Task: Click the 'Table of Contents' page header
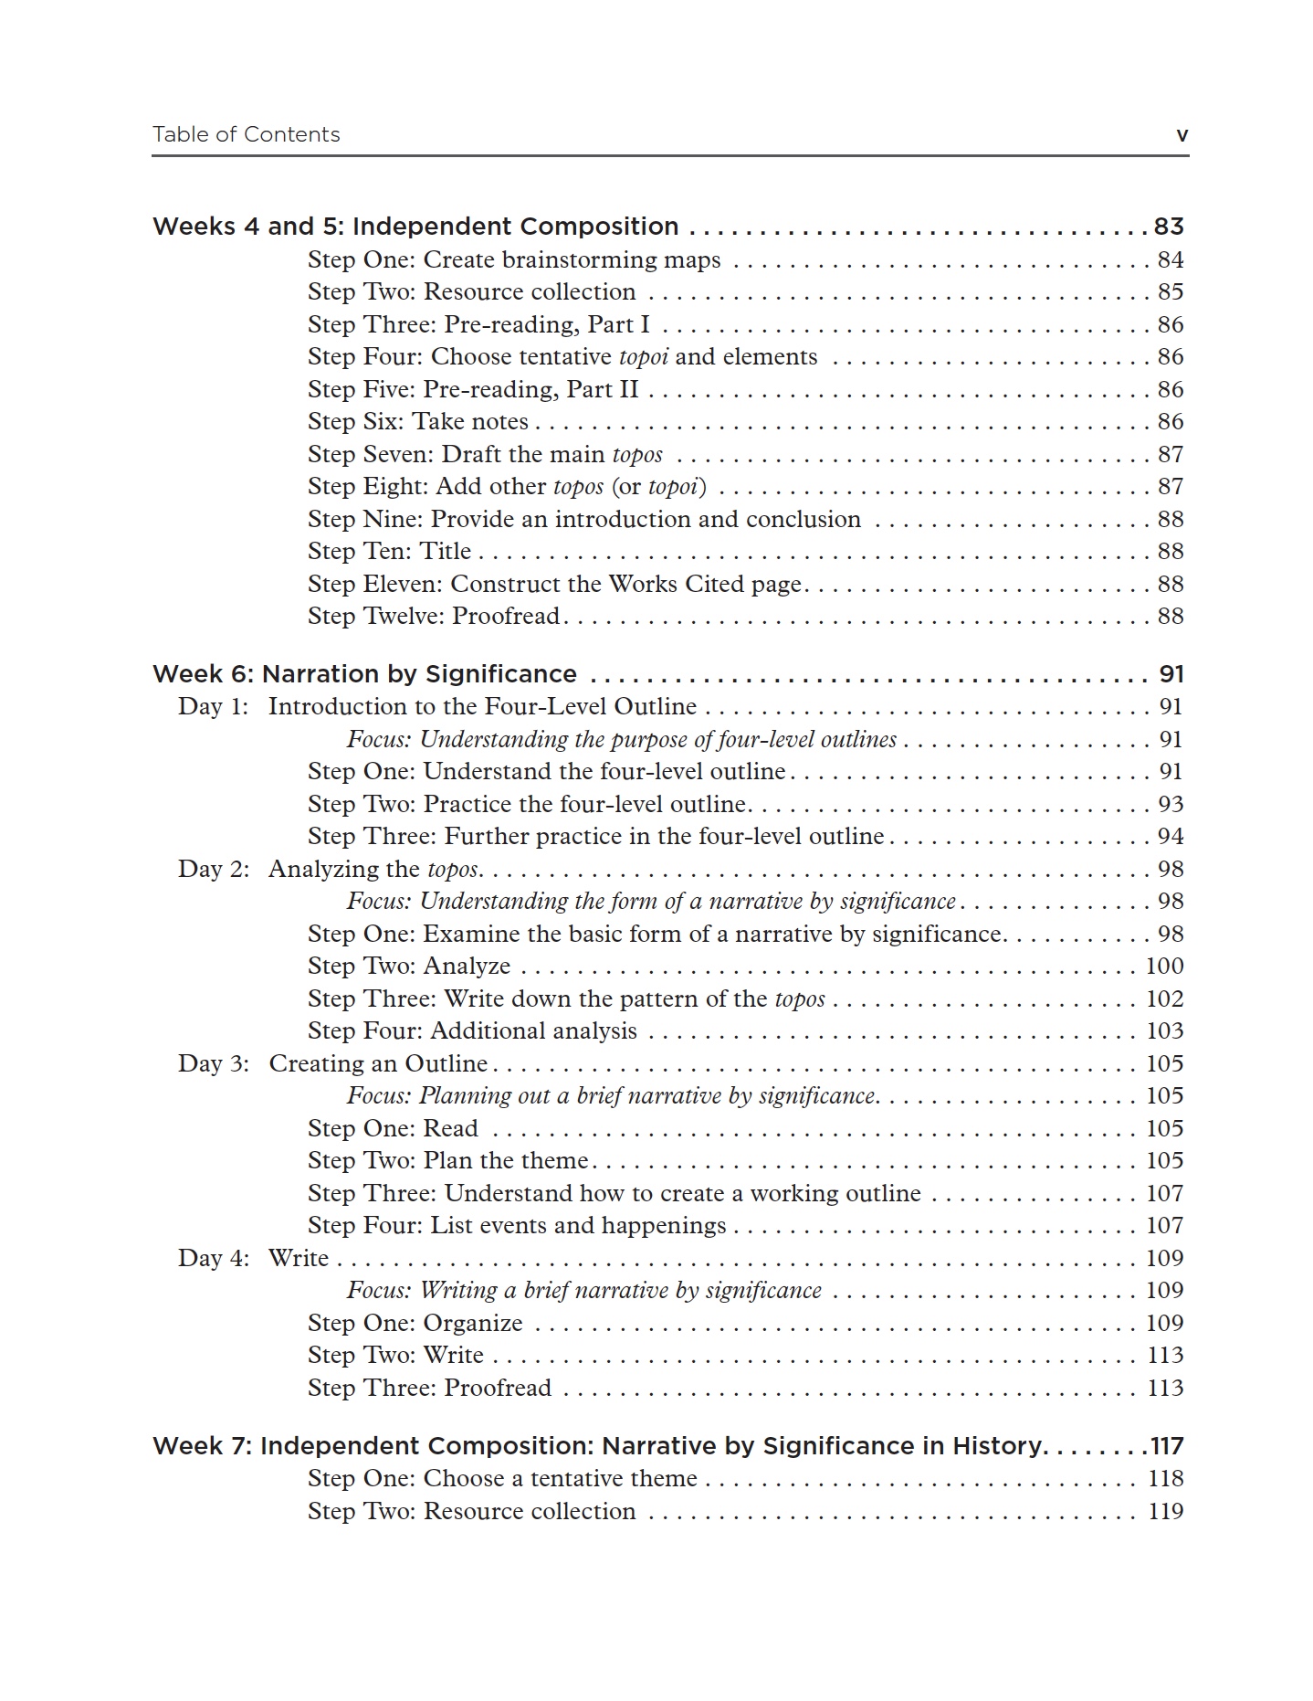coord(246,134)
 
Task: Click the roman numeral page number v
coord(1182,135)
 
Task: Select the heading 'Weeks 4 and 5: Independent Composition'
coord(415,227)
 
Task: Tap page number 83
coord(1169,227)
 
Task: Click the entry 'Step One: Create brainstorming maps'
coord(514,260)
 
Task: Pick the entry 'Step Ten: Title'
coord(389,552)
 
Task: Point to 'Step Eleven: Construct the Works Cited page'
coord(554,585)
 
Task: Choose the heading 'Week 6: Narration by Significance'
coord(364,674)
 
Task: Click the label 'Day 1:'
coord(213,707)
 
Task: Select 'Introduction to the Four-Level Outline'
coord(482,707)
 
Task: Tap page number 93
coord(1170,805)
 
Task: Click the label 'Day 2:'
coord(213,870)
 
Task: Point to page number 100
coord(1164,967)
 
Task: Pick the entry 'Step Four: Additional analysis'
coord(472,1031)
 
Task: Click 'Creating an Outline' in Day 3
coord(378,1064)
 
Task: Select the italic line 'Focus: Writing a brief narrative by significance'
coord(583,1291)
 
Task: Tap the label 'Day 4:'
coord(213,1259)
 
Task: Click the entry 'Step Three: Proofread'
coord(429,1389)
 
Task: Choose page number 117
coord(1167,1447)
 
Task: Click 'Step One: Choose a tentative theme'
coord(502,1479)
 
